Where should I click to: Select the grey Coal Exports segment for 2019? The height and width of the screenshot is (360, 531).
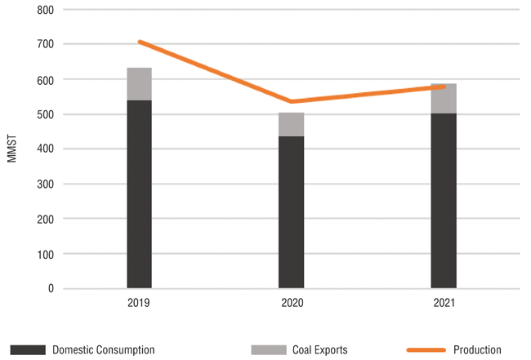pos(139,84)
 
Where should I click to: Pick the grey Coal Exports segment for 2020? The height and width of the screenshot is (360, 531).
pos(291,124)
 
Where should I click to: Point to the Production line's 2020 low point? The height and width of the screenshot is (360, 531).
pos(291,101)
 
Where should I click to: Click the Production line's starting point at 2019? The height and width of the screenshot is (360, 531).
pos(140,42)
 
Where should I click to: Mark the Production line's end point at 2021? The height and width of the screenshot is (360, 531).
pos(444,86)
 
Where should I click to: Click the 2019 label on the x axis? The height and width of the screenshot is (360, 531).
pos(139,303)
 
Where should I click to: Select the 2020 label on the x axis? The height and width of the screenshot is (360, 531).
pos(291,303)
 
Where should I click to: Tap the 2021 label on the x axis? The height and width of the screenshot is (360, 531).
pos(444,303)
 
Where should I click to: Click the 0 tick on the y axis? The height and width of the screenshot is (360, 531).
pos(50,289)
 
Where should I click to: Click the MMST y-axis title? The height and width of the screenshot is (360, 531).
pos(11,149)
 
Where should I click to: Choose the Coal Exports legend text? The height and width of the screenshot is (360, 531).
pos(319,350)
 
